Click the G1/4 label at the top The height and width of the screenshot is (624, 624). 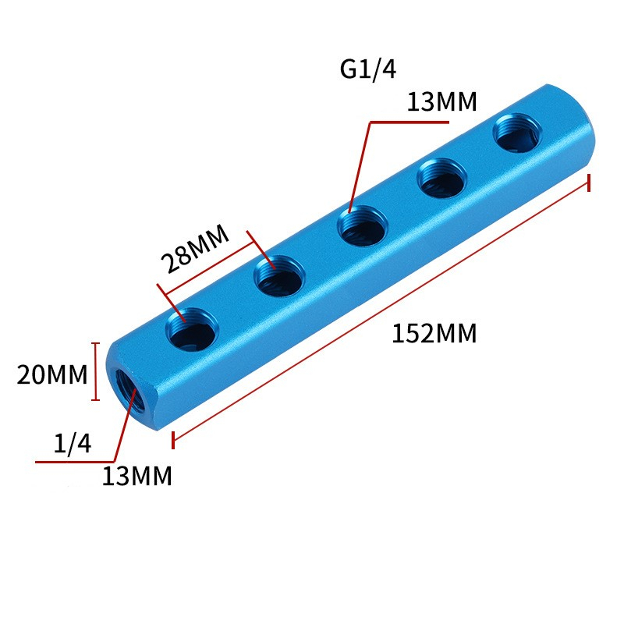(368, 69)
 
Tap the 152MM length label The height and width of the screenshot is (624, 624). (434, 334)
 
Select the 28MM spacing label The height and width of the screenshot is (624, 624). (195, 249)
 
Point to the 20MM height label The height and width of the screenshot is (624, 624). (51, 375)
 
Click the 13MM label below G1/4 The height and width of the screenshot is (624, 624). (441, 102)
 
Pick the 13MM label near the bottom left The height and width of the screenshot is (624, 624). (137, 476)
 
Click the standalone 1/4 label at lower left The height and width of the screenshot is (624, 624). (73, 443)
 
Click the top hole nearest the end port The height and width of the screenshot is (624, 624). (192, 329)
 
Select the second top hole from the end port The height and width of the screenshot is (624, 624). (279, 276)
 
